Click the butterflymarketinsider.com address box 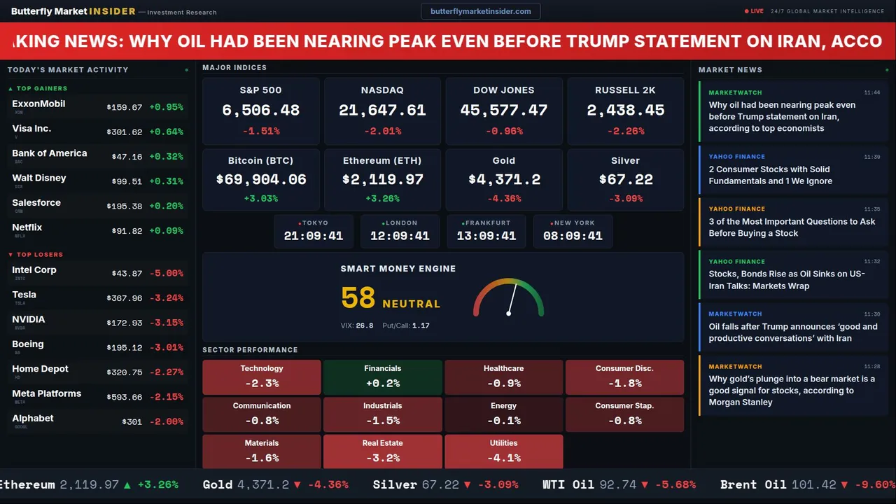480,11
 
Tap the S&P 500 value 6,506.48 260,111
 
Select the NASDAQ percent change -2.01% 382,131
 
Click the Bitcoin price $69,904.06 261,180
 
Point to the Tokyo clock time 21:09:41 314,236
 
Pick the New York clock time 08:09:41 573,236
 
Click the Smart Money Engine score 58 358,298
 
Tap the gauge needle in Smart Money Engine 512,298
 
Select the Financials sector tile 382,377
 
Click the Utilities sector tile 503,451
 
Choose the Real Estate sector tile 382,451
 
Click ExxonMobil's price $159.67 125,108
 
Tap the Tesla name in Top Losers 24,295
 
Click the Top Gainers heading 42,89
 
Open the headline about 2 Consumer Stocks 770,175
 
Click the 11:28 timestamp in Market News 872,367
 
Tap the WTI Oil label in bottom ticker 568,484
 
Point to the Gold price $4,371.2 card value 504,180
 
